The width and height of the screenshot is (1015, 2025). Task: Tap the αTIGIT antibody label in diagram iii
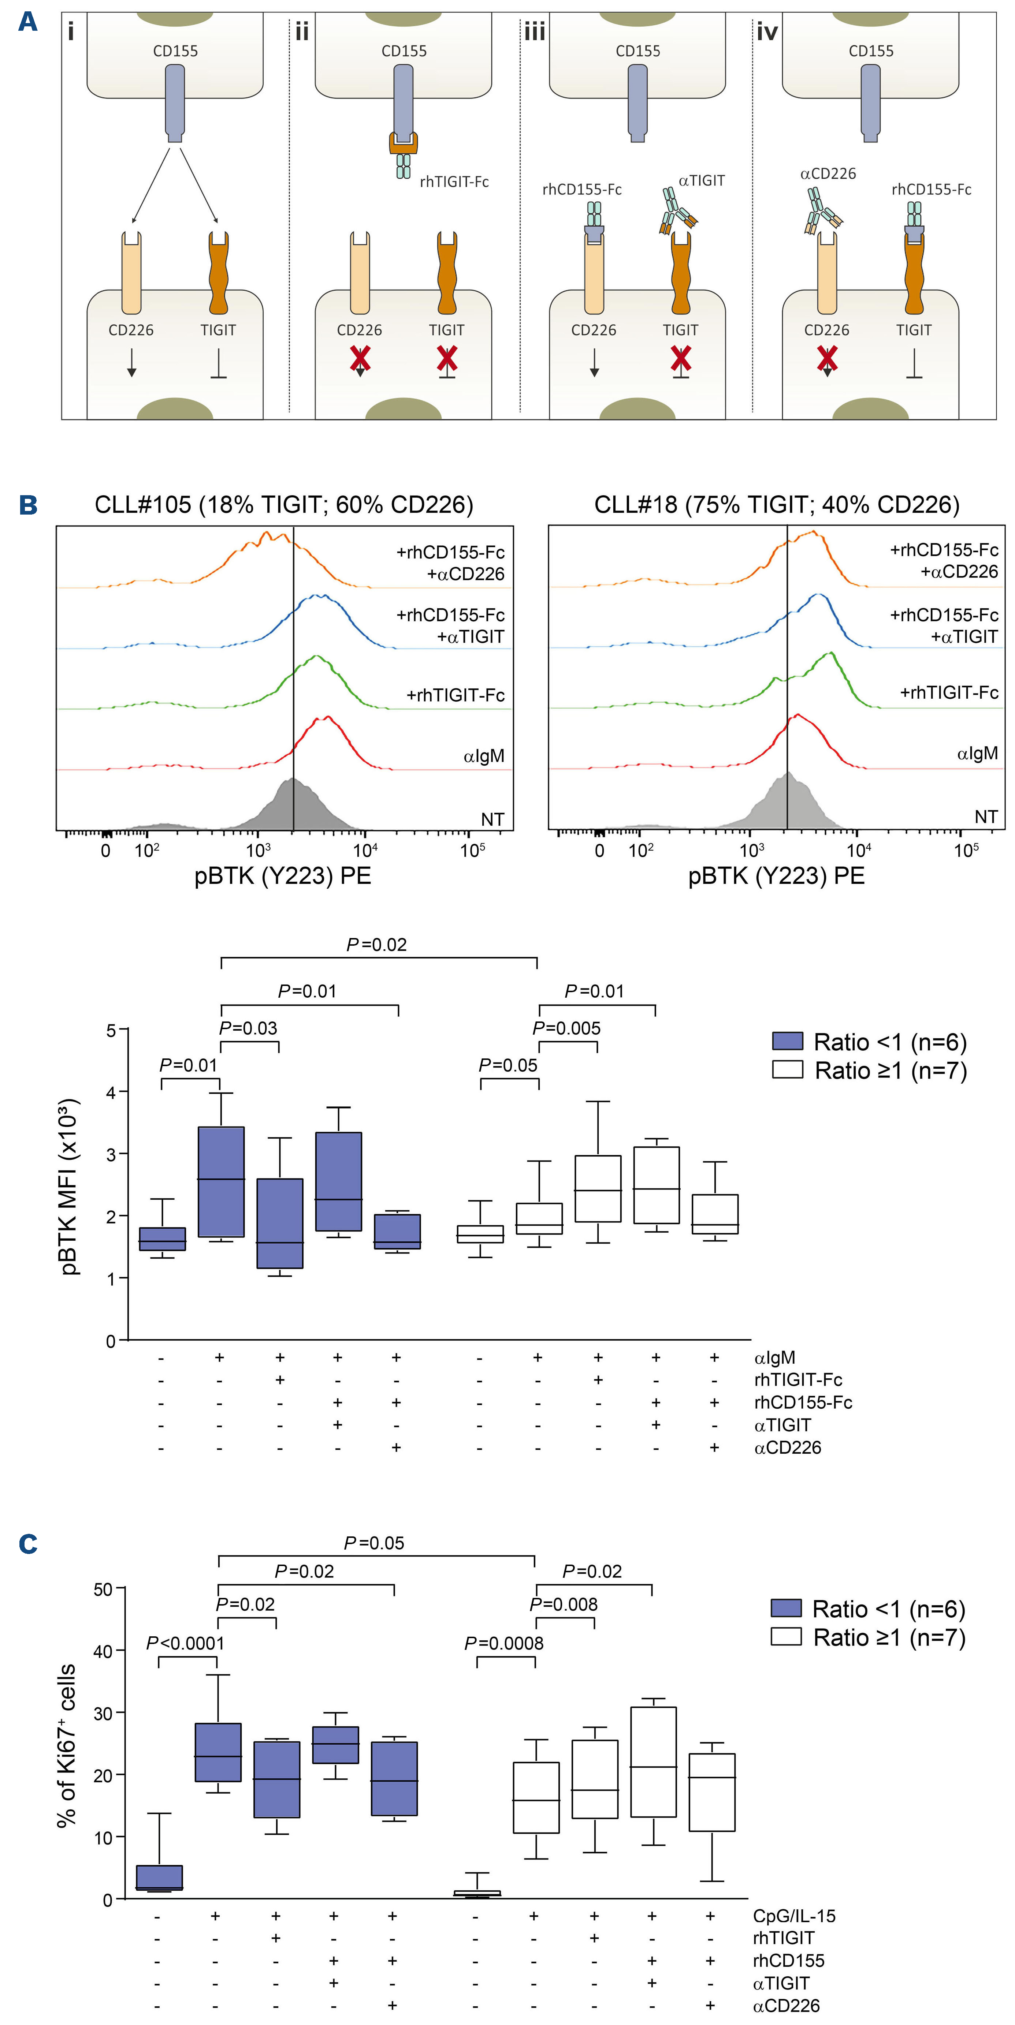click(x=701, y=181)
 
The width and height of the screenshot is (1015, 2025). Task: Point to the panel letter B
click(x=28, y=505)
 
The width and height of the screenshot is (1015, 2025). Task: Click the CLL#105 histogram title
click(x=284, y=505)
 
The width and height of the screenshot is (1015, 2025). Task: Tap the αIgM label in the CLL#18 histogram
click(x=977, y=753)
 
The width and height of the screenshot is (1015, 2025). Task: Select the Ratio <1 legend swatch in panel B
click(x=787, y=1042)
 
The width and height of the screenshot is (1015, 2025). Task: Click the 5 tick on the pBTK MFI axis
click(x=112, y=1030)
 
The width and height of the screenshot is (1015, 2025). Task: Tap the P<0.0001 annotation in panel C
click(x=186, y=1643)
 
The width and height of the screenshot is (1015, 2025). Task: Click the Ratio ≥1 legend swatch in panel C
click(x=785, y=1637)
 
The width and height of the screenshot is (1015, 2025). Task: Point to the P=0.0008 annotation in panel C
click(x=504, y=1643)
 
